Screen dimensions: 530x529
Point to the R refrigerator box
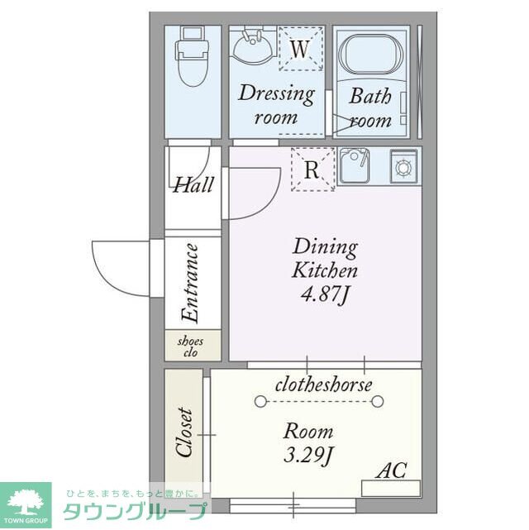(x=312, y=170)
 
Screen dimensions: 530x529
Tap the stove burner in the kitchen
(x=403, y=166)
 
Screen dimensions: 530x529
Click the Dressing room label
(x=276, y=104)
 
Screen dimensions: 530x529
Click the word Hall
(x=192, y=184)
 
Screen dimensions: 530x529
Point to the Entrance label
(x=190, y=283)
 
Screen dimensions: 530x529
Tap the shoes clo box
(x=191, y=346)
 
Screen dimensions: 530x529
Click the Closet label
(x=183, y=432)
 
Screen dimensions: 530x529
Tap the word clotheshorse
(x=323, y=384)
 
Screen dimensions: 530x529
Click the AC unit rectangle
(x=390, y=488)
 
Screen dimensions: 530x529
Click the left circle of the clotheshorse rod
(x=261, y=401)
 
